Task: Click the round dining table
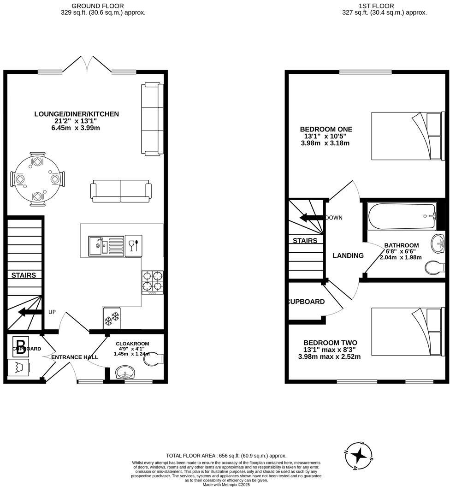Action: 37,178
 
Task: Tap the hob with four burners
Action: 152,281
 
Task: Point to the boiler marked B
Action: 20,344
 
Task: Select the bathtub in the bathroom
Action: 402,217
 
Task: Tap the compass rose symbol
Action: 358,456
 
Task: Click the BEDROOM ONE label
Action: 326,129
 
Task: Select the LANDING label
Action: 348,255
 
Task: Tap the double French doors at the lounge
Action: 87,65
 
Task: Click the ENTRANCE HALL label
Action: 74,357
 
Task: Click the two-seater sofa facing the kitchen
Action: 121,191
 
